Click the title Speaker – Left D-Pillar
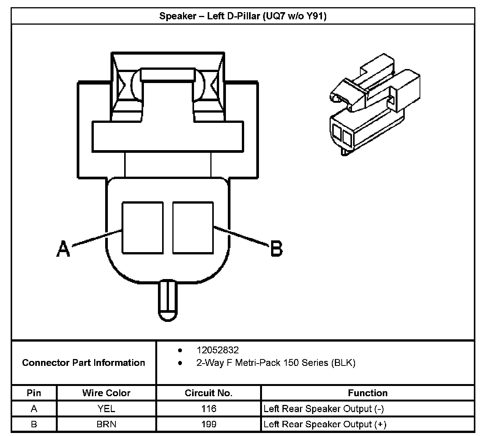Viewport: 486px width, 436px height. (x=243, y=16)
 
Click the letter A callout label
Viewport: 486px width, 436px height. (x=63, y=249)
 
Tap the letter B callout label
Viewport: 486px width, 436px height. (x=276, y=249)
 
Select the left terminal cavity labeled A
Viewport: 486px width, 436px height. (x=142, y=227)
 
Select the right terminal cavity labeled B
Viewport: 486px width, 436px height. (x=193, y=227)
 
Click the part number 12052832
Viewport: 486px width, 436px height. (x=218, y=350)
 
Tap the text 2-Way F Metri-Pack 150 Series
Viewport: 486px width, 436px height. (x=276, y=363)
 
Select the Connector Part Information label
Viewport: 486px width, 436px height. (x=84, y=363)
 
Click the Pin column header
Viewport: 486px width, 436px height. (x=34, y=393)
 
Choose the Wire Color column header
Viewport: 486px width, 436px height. (x=106, y=393)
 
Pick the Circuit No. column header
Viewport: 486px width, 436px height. (x=208, y=393)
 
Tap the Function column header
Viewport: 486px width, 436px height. (x=368, y=393)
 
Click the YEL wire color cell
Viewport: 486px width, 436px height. (x=106, y=409)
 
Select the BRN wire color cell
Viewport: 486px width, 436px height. (x=106, y=424)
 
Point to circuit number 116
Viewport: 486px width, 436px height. (x=209, y=409)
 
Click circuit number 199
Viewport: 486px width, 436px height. (x=209, y=424)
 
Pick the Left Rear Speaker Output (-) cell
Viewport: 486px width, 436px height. (x=323, y=409)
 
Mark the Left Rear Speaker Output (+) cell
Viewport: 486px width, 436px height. (x=325, y=424)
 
